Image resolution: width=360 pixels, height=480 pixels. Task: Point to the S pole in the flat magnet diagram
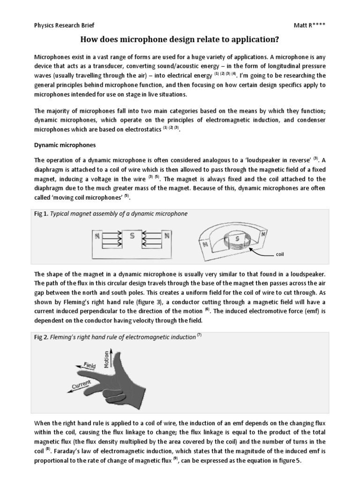[132, 237]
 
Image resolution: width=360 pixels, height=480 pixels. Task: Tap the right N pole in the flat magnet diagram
[167, 237]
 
